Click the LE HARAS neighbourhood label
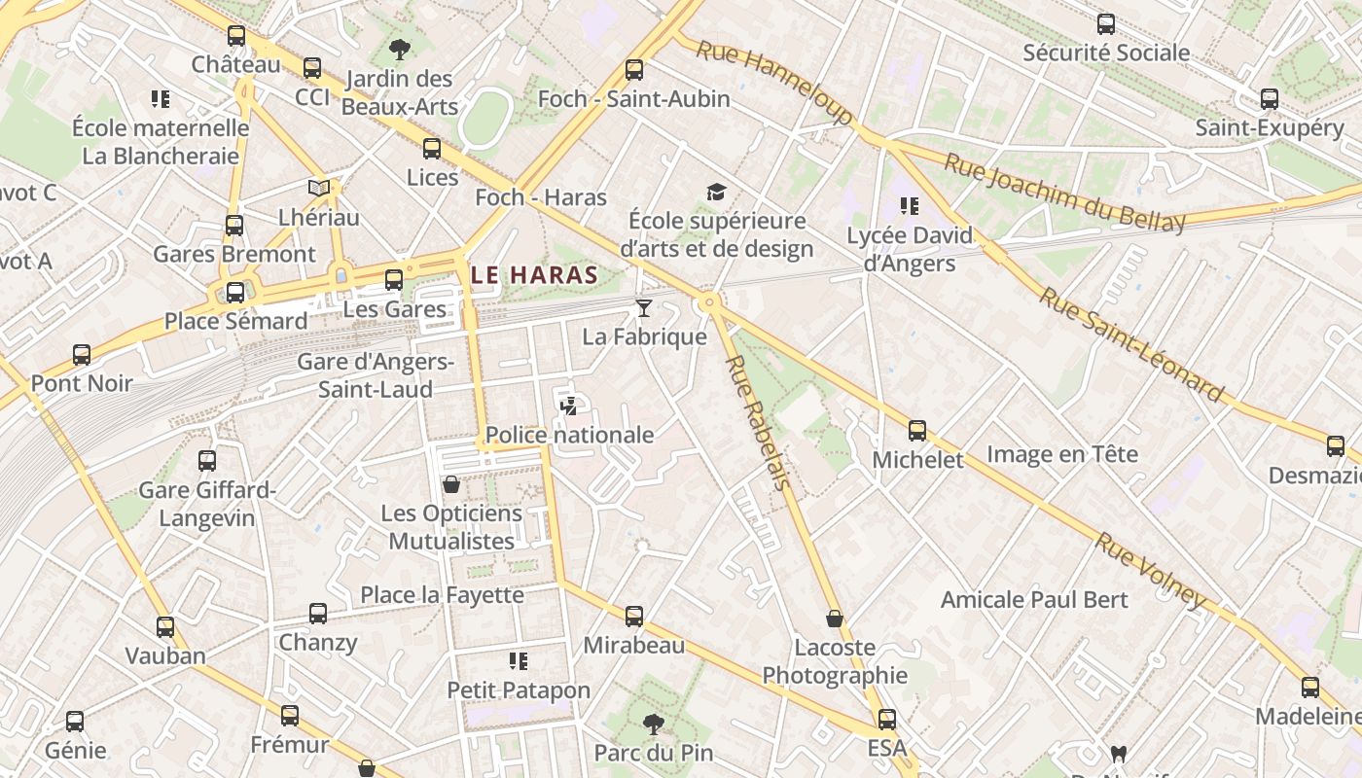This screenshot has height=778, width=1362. pyautogui.click(x=534, y=275)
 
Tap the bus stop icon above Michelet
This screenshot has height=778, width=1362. pyautogui.click(x=916, y=431)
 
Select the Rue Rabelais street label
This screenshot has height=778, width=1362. pyautogui.click(x=756, y=422)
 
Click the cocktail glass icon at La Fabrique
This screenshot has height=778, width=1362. pyautogui.click(x=643, y=308)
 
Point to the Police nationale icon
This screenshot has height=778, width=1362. pyautogui.click(x=569, y=407)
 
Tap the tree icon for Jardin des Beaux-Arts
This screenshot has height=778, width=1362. pyautogui.click(x=399, y=50)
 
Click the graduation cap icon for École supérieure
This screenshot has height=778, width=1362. pyautogui.click(x=717, y=193)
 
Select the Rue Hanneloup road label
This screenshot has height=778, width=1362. pyautogui.click(x=773, y=82)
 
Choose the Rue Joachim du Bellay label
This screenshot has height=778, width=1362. pyautogui.click(x=1065, y=193)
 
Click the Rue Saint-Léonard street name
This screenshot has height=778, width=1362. pyautogui.click(x=1130, y=344)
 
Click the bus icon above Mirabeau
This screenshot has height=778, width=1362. pyautogui.click(x=634, y=617)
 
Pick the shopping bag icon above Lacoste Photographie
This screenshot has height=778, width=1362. pyautogui.click(x=834, y=619)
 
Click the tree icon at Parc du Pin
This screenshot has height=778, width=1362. pyautogui.click(x=653, y=724)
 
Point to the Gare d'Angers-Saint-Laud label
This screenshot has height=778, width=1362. pyautogui.click(x=376, y=375)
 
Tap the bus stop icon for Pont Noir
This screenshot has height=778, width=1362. pyautogui.click(x=82, y=355)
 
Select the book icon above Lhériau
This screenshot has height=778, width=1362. pyautogui.click(x=318, y=188)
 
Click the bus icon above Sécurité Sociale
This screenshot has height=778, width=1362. pyautogui.click(x=1106, y=24)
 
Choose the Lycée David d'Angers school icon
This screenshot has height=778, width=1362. pyautogui.click(x=910, y=206)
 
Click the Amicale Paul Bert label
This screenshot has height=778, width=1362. pyautogui.click(x=1034, y=599)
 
